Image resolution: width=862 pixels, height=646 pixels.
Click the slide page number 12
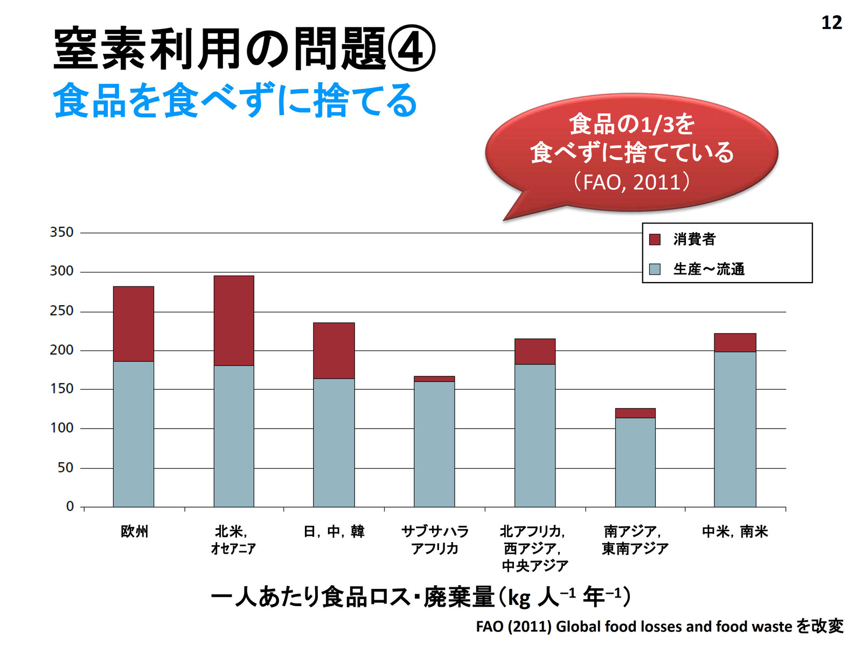coord(831,23)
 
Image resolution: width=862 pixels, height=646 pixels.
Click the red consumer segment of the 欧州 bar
coord(133,324)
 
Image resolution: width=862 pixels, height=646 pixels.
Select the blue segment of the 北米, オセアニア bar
coord(234,436)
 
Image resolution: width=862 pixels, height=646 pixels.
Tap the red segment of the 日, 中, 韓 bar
coord(334,350)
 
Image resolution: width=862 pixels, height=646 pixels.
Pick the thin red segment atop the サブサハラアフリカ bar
coord(434,379)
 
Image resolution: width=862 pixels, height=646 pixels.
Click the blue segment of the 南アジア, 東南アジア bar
coord(635,462)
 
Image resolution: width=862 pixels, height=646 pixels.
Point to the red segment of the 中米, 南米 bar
coord(735,342)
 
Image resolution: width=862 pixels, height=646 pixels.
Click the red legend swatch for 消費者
coord(655,240)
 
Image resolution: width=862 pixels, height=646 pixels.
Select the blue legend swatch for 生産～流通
coord(655,269)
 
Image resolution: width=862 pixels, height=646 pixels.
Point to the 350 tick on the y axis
coord(61,233)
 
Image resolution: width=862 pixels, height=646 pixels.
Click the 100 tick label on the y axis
coord(61,429)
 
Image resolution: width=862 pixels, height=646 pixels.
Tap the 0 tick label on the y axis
coord(70,507)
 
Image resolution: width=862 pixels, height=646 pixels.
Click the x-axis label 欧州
coord(134,532)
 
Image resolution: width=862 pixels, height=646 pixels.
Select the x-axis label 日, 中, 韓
coord(334,532)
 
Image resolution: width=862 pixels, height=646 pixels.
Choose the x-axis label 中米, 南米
coord(735,532)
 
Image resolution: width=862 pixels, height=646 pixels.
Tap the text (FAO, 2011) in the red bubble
coord(631,182)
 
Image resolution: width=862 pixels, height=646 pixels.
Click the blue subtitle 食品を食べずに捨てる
coord(235,101)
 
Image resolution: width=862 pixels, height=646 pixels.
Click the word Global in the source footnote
coord(578,627)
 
